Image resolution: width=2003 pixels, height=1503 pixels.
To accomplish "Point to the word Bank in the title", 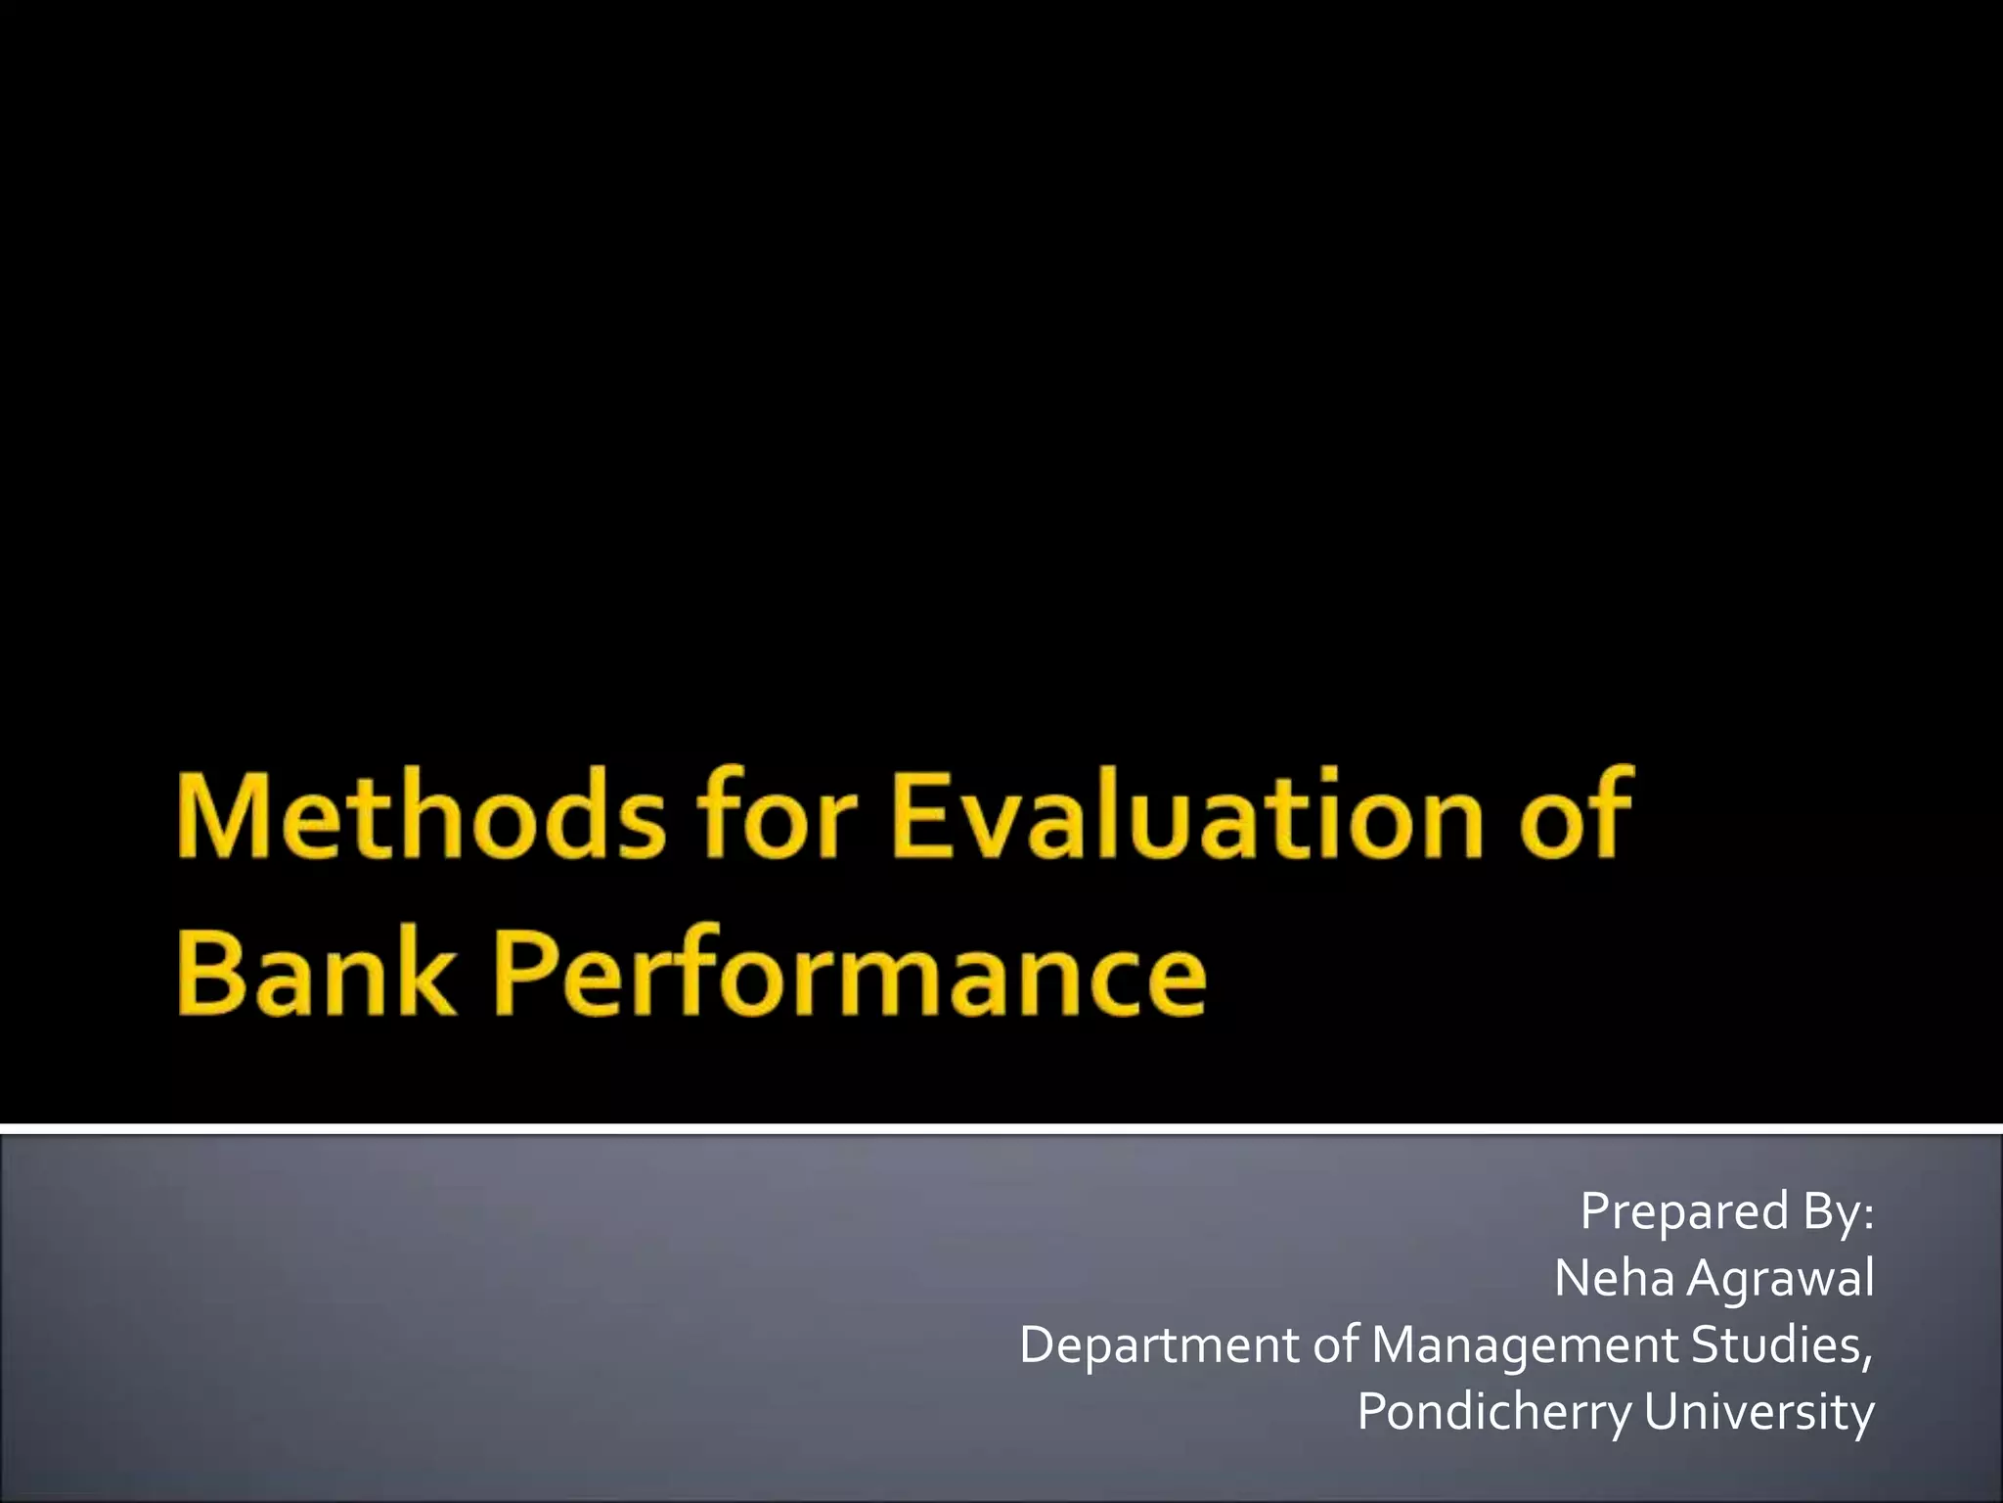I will pos(316,972).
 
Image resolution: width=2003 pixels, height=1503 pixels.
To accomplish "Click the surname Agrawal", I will pos(1781,1279).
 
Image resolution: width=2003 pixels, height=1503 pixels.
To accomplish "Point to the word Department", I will pos(1159,1345).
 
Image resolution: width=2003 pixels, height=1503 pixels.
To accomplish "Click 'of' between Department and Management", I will pos(1335,1345).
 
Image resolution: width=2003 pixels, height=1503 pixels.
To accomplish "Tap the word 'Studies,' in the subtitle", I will pos(1782,1345).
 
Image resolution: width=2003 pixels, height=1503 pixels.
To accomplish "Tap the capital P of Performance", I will pos(529,972).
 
